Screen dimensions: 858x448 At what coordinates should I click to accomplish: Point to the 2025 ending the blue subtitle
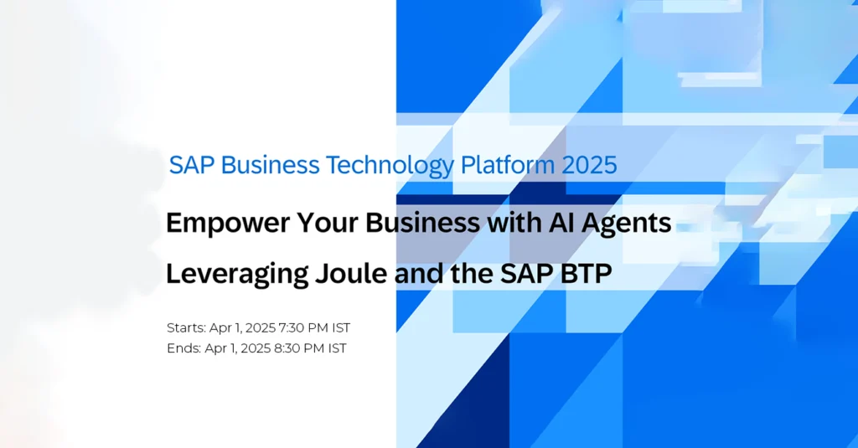589,165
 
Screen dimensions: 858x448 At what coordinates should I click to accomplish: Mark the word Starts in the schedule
186,327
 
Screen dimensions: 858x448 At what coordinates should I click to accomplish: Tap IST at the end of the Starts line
342,327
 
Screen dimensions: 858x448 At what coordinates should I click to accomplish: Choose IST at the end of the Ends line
337,348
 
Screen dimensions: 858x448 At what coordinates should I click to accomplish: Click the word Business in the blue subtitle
270,165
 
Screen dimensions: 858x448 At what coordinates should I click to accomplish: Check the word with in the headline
506,223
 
